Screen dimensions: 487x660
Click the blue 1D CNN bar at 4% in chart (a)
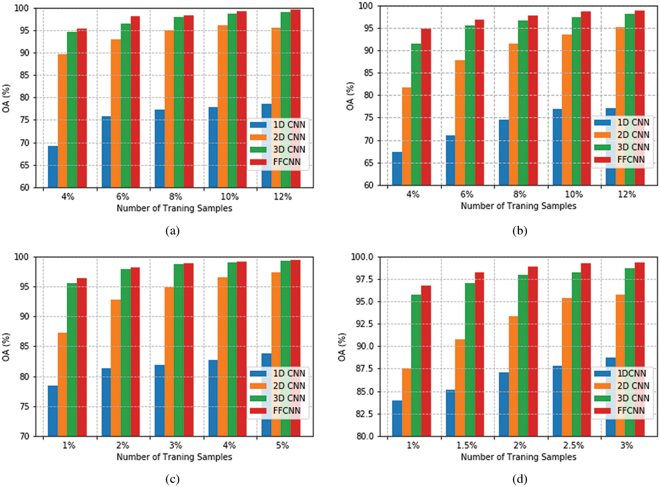coord(53,166)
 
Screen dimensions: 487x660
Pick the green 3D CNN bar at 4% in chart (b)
coord(416,114)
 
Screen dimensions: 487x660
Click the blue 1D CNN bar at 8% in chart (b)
coord(504,152)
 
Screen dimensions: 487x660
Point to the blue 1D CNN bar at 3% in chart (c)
coord(160,400)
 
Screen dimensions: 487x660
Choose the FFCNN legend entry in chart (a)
coord(286,162)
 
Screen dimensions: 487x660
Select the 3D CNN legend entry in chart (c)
coord(289,398)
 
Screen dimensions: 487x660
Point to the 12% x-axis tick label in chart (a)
coord(282,197)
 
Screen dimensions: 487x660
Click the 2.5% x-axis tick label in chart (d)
coord(573,446)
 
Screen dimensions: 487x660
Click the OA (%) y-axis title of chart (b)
coord(350,96)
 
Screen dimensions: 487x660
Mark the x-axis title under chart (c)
coord(174,457)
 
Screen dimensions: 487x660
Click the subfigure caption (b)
coord(520,231)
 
